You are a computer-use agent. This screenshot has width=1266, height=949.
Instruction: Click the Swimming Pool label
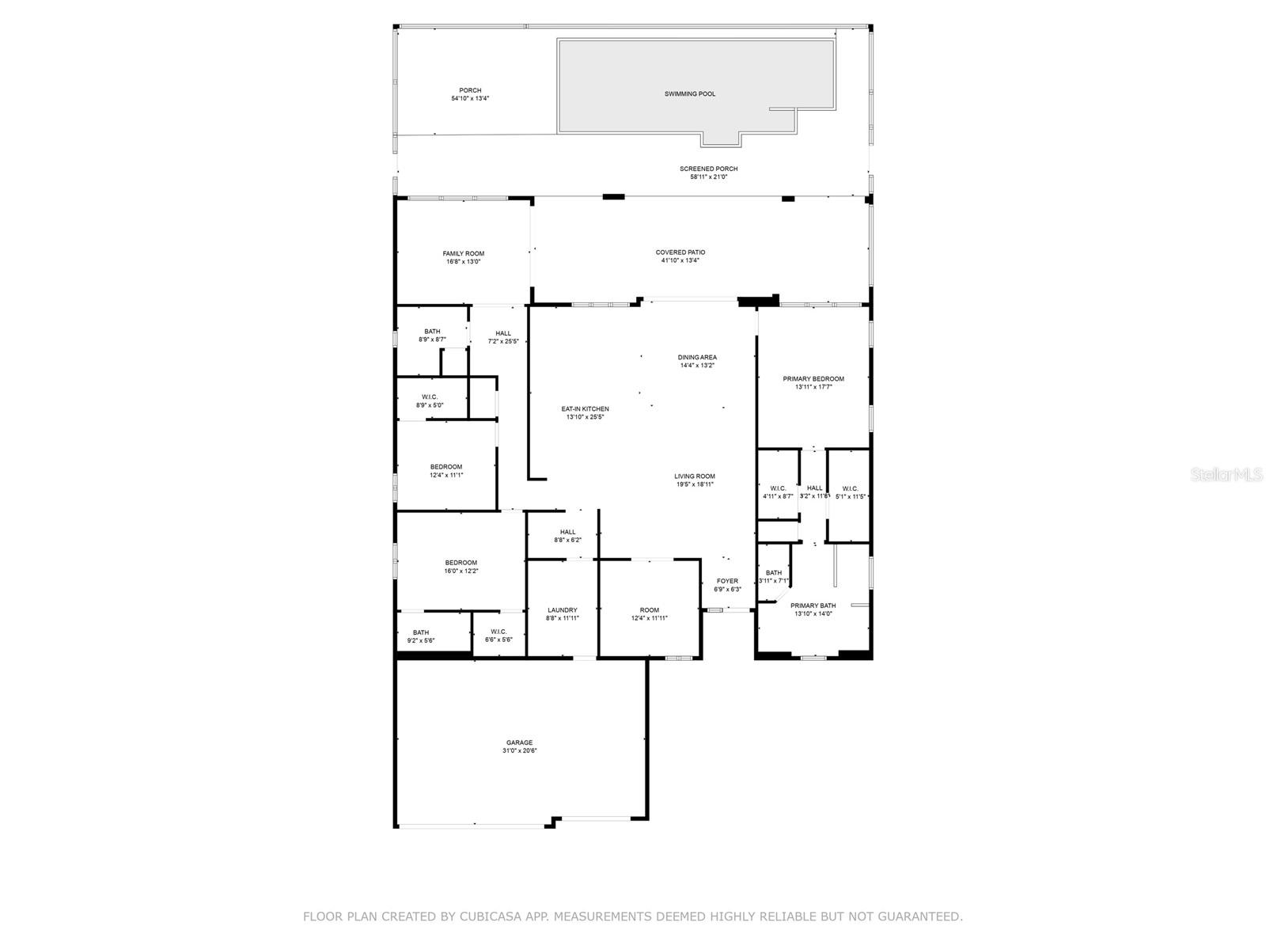[689, 94]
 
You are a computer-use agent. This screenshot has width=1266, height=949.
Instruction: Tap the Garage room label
[519, 742]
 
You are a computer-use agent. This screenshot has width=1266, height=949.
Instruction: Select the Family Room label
[464, 254]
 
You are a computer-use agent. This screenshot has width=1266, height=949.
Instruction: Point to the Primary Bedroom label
[813, 379]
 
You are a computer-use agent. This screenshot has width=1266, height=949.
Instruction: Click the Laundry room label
[562, 610]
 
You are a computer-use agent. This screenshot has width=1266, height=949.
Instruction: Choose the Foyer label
[727, 581]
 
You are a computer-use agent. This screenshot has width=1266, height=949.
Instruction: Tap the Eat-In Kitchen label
[585, 409]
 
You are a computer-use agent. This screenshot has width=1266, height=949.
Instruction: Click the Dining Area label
[697, 358]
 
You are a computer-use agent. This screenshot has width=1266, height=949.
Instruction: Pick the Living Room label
[695, 476]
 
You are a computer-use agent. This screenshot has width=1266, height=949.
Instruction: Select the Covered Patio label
[680, 252]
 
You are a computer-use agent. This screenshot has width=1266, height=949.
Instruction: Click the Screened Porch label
[708, 169]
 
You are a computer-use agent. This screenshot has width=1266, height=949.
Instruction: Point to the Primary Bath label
[813, 605]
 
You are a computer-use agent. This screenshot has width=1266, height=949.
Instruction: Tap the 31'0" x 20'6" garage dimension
[519, 751]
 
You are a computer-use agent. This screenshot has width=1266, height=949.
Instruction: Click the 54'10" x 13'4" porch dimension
[470, 99]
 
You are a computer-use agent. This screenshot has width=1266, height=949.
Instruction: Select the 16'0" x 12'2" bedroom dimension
[461, 571]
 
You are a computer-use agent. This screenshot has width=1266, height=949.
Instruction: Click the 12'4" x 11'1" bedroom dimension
[446, 475]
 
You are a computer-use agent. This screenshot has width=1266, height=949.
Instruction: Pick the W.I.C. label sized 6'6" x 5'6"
[498, 632]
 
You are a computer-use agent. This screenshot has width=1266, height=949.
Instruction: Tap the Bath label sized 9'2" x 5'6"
[421, 632]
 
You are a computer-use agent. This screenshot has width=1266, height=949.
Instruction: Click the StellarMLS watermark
[1231, 475]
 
